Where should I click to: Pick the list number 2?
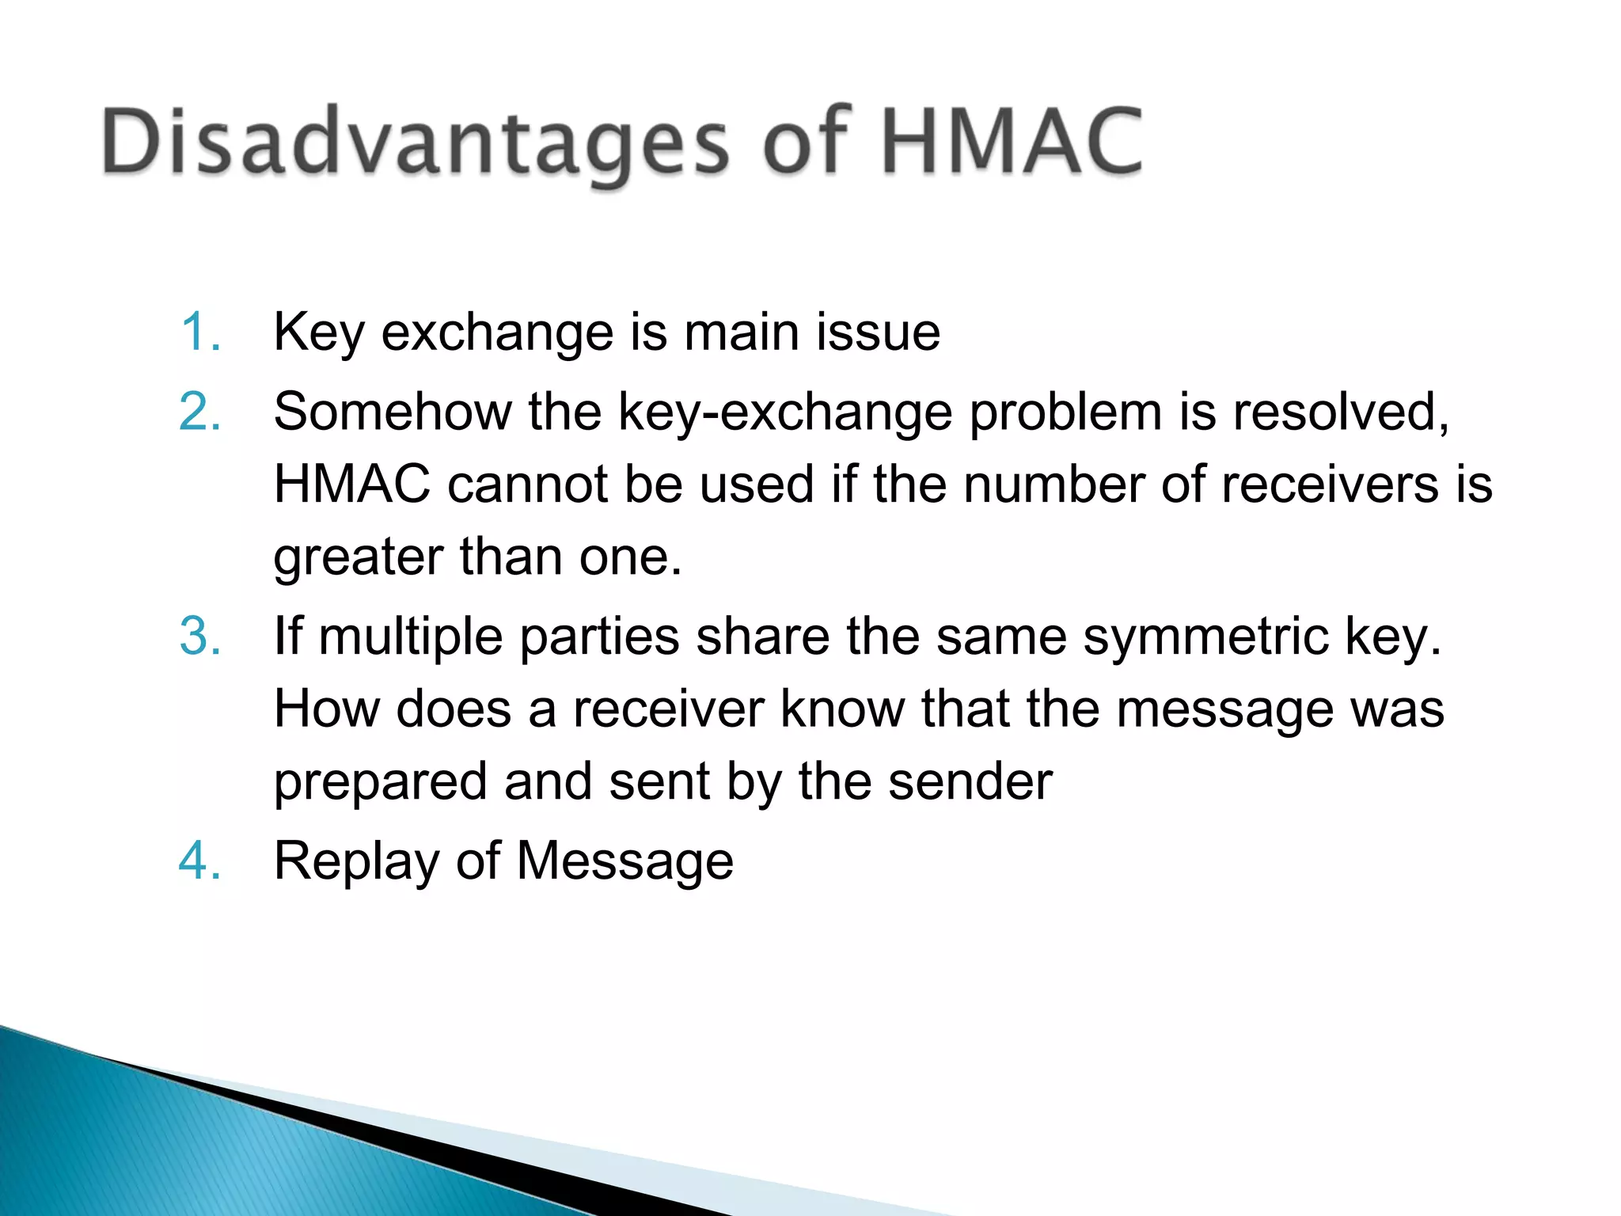[x=199, y=412]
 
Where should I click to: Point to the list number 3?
[x=199, y=636]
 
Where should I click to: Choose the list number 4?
[x=199, y=861]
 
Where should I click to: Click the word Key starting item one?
[x=319, y=332]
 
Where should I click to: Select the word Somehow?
[x=392, y=412]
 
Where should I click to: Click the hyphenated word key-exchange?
[x=784, y=412]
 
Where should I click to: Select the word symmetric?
[x=1205, y=636]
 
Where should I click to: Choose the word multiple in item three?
[x=411, y=636]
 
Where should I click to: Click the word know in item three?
[x=841, y=709]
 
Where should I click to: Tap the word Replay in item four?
[x=356, y=861]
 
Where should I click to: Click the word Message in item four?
[x=625, y=861]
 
